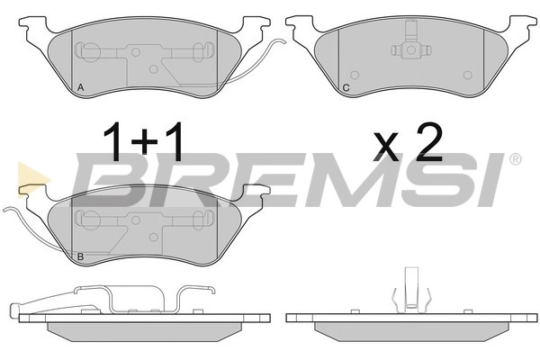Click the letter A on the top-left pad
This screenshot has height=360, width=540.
81,87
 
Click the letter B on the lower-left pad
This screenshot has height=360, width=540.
81,256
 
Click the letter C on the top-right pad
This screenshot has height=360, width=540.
346,88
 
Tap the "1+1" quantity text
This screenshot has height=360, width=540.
143,142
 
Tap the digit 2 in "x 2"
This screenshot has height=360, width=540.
428,142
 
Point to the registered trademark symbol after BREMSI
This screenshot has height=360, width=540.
515,159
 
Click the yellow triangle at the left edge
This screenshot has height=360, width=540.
32,180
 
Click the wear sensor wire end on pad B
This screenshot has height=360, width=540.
4,209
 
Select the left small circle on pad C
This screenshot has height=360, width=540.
355,75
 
